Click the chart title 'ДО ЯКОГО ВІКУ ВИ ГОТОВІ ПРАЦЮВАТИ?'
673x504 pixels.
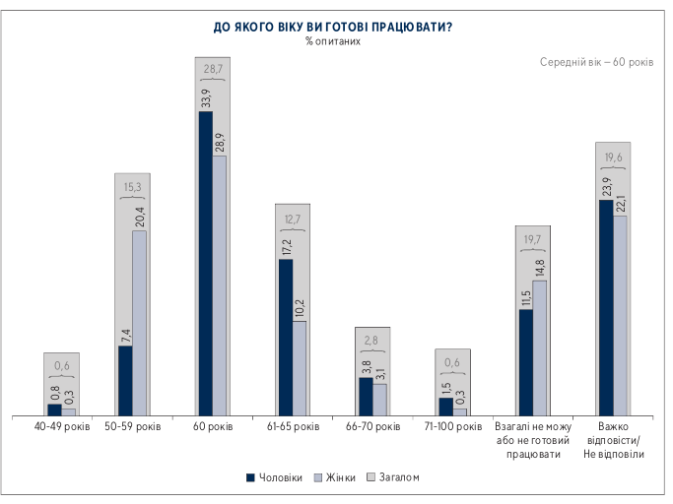click(x=332, y=27)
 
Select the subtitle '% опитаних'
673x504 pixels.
click(x=333, y=42)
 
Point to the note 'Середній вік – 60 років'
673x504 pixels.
click(x=595, y=62)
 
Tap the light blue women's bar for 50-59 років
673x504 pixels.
click(x=140, y=323)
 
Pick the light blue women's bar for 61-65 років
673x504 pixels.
click(x=300, y=367)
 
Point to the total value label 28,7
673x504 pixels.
click(x=212, y=71)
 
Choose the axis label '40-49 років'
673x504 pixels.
click(x=62, y=428)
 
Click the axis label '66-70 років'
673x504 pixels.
click(x=373, y=428)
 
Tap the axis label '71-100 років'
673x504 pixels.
click(x=453, y=428)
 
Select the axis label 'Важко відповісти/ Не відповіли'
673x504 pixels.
click(x=613, y=441)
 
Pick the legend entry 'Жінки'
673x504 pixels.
click(x=335, y=477)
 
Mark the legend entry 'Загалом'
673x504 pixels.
click(x=393, y=477)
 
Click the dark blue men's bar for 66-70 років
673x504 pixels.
click(x=366, y=396)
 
